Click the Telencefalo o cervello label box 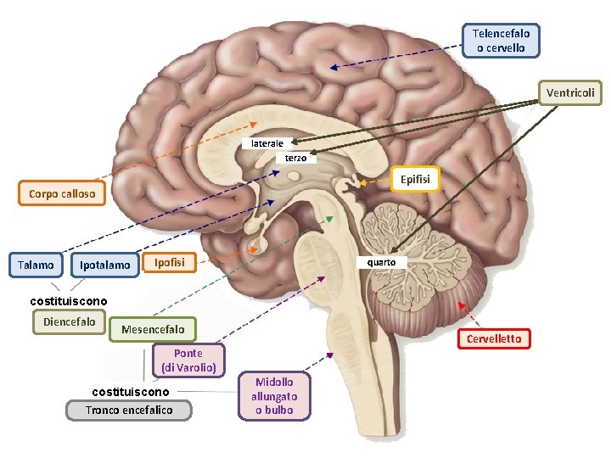pyautogui.click(x=501, y=40)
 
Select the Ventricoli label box pyautogui.click(x=570, y=92)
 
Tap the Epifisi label pyautogui.click(x=414, y=180)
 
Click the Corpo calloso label pyautogui.click(x=61, y=193)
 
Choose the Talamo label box pyautogui.click(x=36, y=265)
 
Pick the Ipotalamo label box pyautogui.click(x=105, y=265)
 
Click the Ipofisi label pyautogui.click(x=169, y=262)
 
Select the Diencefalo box pyautogui.click(x=70, y=321)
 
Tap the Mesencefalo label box pyautogui.click(x=153, y=328)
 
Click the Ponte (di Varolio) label pyautogui.click(x=188, y=360)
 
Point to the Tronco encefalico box pyautogui.click(x=129, y=410)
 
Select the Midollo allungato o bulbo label pyautogui.click(x=273, y=396)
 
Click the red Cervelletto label pyautogui.click(x=494, y=339)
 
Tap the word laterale pyautogui.click(x=267, y=143)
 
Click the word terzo pyautogui.click(x=296, y=158)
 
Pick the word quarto pyautogui.click(x=381, y=262)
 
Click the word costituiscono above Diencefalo pyautogui.click(x=69, y=301)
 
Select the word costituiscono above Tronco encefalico pyautogui.click(x=130, y=391)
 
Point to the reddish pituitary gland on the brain pyautogui.click(x=255, y=247)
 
